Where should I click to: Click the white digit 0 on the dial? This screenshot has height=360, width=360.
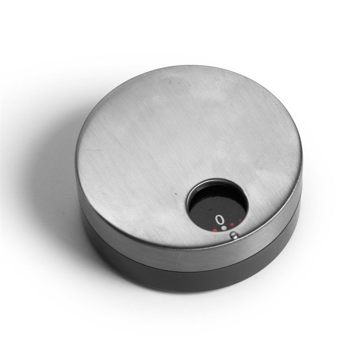click(219, 220)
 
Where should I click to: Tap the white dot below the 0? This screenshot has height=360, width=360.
click(224, 229)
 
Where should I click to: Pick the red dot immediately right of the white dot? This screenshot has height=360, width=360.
click(232, 225)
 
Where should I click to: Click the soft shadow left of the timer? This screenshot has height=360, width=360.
click(49, 189)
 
